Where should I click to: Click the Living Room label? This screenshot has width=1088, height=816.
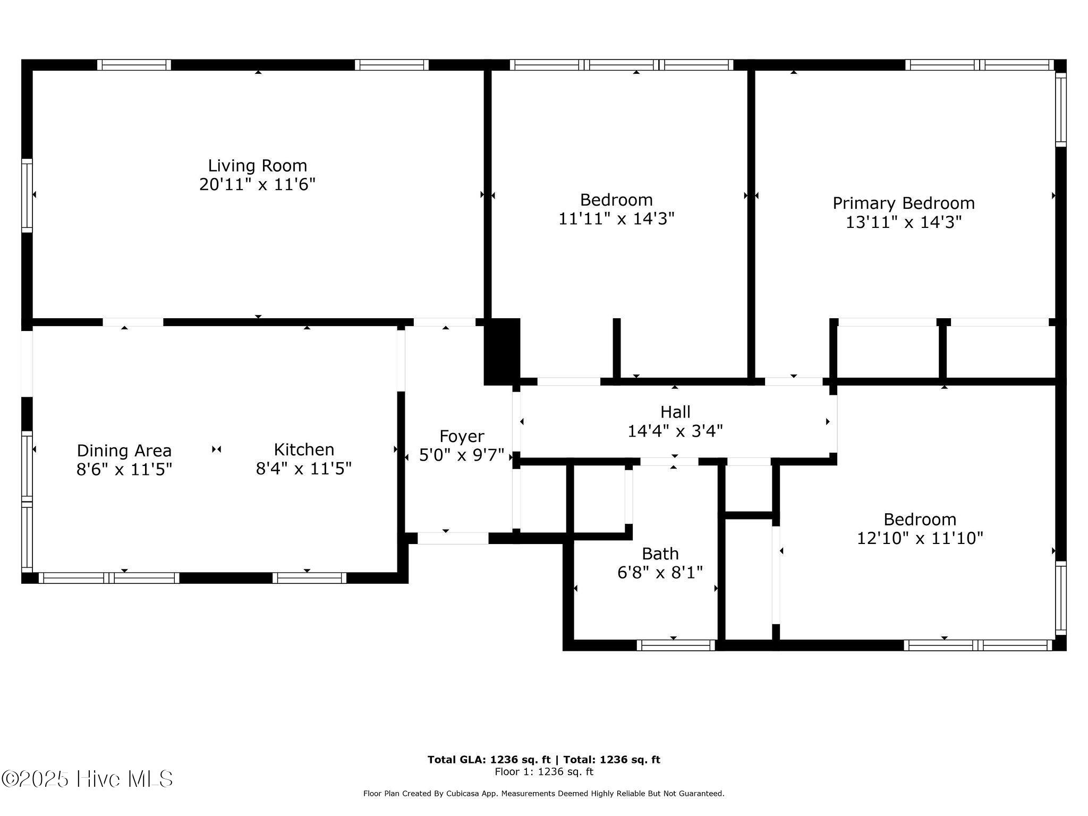tap(257, 165)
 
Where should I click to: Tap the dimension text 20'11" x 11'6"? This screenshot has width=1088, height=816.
tap(257, 185)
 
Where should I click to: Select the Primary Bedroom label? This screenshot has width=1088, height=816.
tap(903, 203)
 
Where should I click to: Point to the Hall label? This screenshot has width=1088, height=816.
tap(675, 412)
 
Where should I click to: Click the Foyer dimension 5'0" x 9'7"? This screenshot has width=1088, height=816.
tap(461, 455)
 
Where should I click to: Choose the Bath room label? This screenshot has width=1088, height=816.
tap(660, 554)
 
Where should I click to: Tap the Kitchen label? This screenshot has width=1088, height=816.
tap(304, 449)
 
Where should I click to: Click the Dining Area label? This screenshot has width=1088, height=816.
tap(124, 450)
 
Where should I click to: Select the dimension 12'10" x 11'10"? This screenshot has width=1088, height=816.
tap(920, 538)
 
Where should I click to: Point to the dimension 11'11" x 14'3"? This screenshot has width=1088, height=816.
tap(616, 219)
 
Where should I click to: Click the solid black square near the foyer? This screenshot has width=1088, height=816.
tap(502, 351)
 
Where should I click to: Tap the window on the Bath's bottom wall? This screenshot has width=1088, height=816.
tap(676, 645)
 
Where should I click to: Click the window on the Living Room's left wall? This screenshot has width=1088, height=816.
tap(27, 195)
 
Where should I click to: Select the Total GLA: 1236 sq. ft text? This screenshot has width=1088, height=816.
tap(489, 760)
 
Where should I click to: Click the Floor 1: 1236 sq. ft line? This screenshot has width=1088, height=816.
tap(543, 772)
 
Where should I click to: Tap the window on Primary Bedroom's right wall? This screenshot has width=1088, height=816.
tap(1060, 109)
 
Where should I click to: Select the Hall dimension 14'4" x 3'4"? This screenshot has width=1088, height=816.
tap(675, 431)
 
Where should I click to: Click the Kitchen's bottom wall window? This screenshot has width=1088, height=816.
tap(310, 578)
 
